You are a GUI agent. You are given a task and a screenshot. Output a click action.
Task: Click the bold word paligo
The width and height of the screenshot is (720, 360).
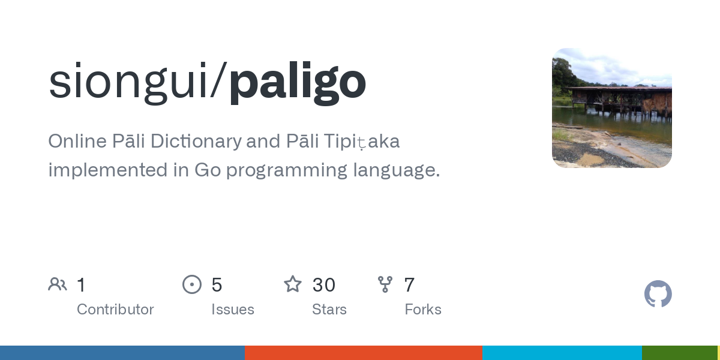click(x=297, y=82)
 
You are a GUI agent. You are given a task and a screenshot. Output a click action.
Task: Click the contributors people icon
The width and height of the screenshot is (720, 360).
click(x=58, y=284)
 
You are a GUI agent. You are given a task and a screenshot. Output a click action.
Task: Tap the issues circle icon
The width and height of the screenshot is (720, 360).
click(x=192, y=284)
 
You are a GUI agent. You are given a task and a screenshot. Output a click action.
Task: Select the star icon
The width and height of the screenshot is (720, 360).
click(x=293, y=284)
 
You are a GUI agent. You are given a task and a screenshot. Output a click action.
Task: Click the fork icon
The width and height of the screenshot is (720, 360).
click(x=385, y=284)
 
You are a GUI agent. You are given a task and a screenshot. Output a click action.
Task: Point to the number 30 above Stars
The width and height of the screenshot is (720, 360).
click(x=324, y=284)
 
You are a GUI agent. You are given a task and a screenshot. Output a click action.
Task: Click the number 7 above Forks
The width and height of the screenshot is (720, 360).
click(x=409, y=284)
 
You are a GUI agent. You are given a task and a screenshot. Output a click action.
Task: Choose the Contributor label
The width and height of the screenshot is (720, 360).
click(x=115, y=310)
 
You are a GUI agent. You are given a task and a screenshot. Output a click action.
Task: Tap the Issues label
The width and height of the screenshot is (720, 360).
click(x=233, y=310)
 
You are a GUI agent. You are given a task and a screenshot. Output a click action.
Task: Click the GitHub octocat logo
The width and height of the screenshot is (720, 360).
click(x=658, y=294)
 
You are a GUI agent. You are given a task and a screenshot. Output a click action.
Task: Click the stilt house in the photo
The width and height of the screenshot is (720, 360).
click(x=618, y=99)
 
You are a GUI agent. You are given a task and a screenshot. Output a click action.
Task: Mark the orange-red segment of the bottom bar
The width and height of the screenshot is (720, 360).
click(x=363, y=353)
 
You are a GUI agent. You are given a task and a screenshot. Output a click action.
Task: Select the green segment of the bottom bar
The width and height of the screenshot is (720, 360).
click(x=679, y=353)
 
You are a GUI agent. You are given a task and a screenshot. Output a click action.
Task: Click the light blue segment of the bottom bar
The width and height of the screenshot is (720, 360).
click(x=562, y=353)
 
